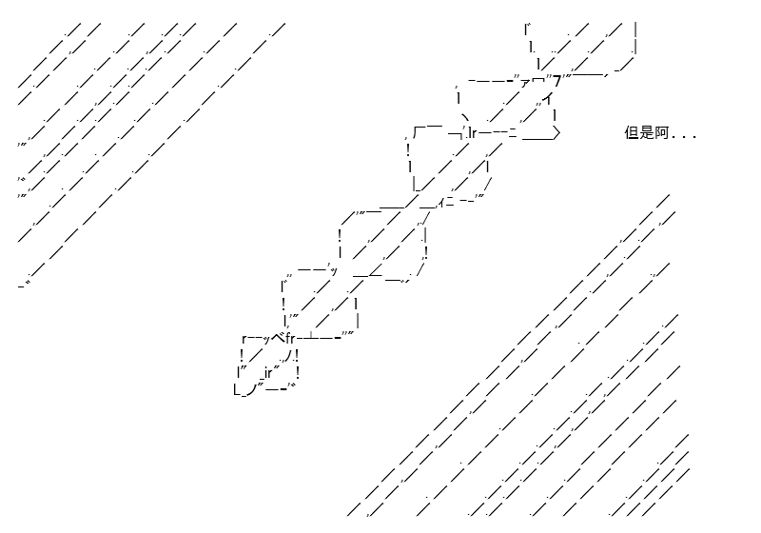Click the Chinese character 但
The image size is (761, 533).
coord(632,132)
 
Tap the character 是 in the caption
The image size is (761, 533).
coord(647,132)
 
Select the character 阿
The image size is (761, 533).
coord(661,132)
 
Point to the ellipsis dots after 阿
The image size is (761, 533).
coord(684,137)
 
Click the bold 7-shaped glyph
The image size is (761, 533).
coord(557,82)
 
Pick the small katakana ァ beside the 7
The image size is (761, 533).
coord(525,83)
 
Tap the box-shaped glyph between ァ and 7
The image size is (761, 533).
coord(538,81)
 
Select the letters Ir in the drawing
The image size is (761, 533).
coord(472,132)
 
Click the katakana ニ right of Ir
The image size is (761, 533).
coord(513,132)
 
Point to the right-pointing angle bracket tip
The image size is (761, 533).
coord(559,132)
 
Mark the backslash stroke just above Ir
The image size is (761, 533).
coord(466,118)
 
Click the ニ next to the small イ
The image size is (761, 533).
coord(449,203)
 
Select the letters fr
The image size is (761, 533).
coord(290,338)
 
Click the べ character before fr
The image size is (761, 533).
coord(279,337)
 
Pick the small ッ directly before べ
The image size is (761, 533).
coord(266,340)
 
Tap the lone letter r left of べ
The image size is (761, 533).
coord(244,339)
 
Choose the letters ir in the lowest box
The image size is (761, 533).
coord(268,374)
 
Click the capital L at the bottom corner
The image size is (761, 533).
coord(237,389)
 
